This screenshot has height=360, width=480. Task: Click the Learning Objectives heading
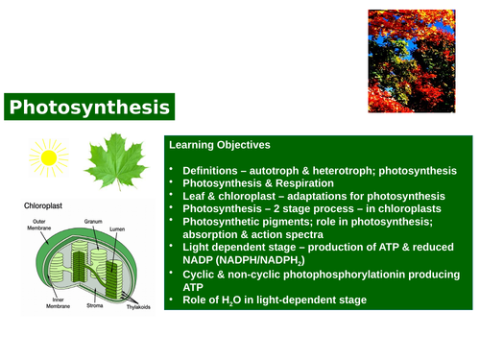click(219, 145)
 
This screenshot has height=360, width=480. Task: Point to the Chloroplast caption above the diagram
click(45, 205)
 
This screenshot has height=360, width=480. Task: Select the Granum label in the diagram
click(93, 221)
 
